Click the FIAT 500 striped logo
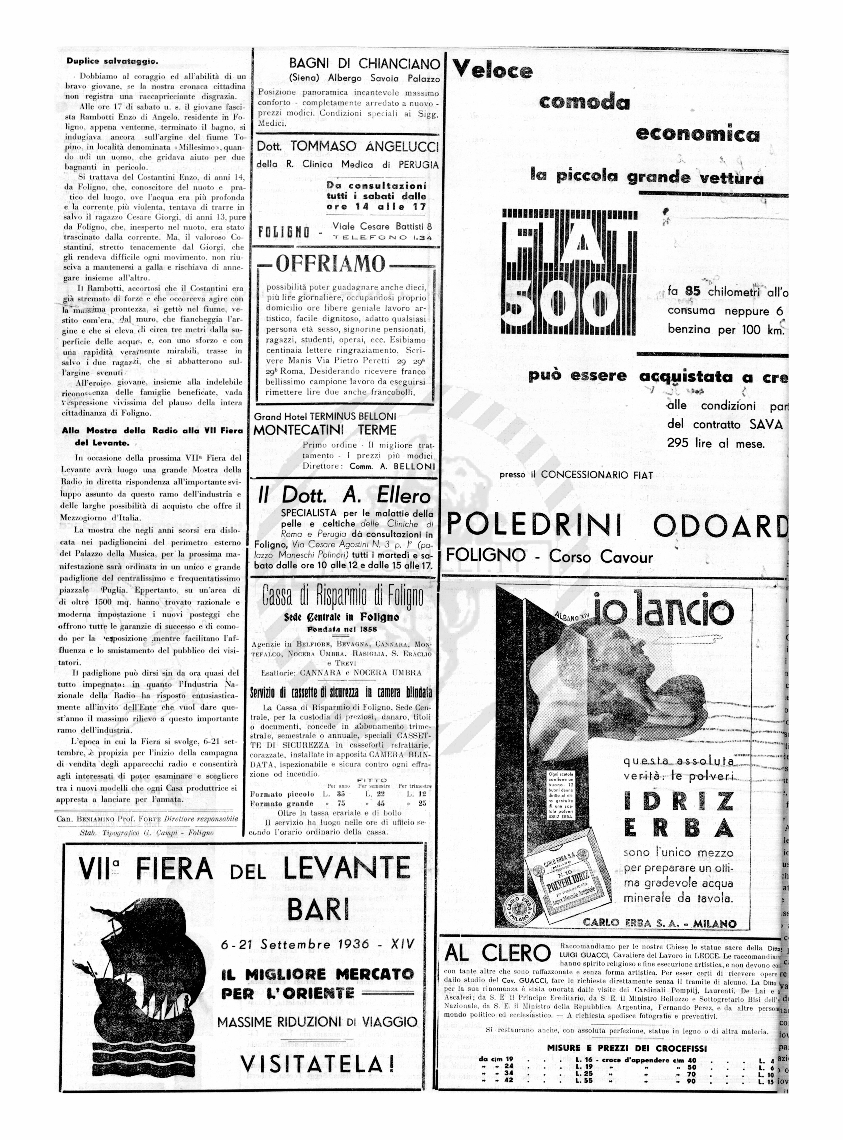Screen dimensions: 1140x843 pos(570,272)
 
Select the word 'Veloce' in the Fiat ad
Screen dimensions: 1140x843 pos(493,70)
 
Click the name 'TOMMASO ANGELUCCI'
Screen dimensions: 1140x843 pos(365,147)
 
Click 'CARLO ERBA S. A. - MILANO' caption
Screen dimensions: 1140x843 pos(659,923)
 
